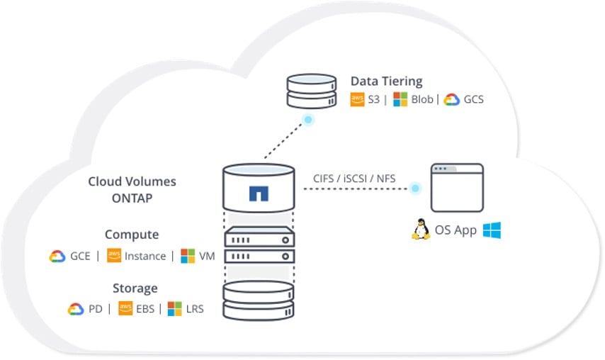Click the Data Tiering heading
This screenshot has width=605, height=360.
click(386, 81)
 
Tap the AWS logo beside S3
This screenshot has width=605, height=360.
click(358, 100)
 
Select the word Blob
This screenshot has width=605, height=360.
click(422, 100)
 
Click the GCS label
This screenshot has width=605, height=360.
click(473, 100)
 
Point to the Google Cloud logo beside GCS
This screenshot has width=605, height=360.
click(452, 100)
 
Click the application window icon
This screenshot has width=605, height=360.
click(458, 188)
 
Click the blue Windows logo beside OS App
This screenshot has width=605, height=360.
click(492, 230)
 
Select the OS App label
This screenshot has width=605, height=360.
click(456, 231)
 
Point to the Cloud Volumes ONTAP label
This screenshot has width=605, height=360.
click(132, 190)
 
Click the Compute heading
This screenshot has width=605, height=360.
click(132, 235)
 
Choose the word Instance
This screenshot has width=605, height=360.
click(145, 256)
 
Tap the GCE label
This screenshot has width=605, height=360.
click(80, 256)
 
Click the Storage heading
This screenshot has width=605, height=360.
click(135, 288)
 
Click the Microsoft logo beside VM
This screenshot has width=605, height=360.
click(188, 256)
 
